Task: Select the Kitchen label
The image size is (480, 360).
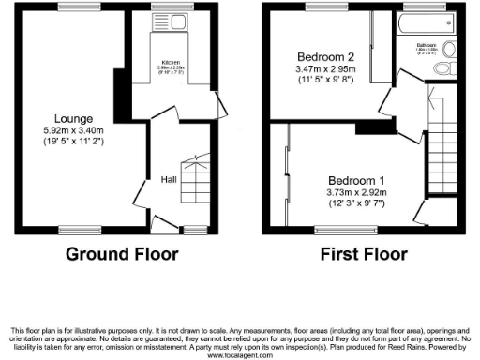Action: tap(171, 62)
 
